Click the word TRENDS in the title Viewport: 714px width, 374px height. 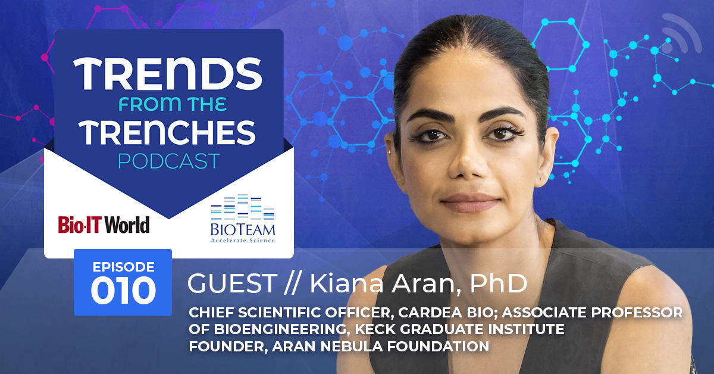[168, 74]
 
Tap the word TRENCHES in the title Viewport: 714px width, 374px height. [167, 132]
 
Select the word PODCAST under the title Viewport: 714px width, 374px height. [169, 161]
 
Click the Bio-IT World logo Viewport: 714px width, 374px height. [104, 225]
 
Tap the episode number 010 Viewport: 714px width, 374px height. [123, 291]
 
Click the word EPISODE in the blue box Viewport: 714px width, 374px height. [123, 267]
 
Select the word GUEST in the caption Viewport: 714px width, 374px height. [232, 283]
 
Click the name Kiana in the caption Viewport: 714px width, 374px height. [347, 283]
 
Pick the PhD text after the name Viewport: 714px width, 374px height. [499, 283]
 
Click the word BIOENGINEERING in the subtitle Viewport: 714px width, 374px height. [280, 329]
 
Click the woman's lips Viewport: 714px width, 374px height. [471, 202]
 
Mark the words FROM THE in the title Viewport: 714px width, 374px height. [173, 104]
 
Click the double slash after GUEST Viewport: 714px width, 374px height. [291, 283]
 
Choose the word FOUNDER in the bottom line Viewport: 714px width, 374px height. [228, 346]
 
